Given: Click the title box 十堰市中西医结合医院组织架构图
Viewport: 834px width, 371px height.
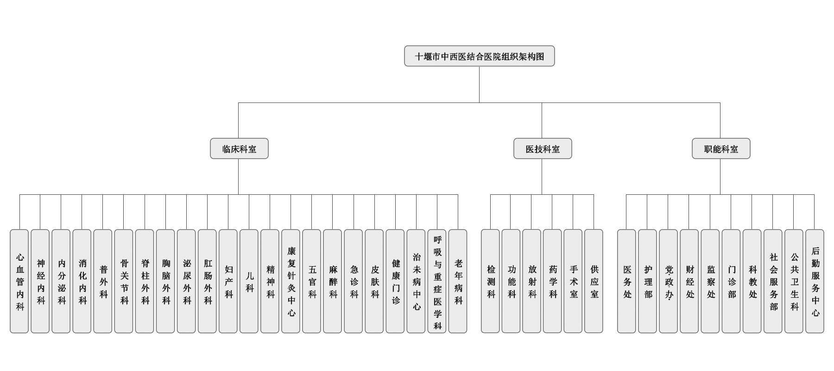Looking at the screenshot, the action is coord(479,56).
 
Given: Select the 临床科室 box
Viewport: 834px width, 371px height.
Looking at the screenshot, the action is coord(239,148).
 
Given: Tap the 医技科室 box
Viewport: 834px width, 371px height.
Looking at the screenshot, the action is coord(543,148).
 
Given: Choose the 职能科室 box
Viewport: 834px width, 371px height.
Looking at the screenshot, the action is coord(721,148).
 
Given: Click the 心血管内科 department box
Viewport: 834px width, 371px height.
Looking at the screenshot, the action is coord(19,281).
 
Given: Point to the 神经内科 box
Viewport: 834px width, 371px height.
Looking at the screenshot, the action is coord(40,281).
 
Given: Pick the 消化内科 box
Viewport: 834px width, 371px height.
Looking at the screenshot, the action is coord(82,281).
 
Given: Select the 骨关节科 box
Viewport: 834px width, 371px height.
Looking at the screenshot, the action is coord(124,281).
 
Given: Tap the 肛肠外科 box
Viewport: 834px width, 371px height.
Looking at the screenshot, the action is coord(207,281).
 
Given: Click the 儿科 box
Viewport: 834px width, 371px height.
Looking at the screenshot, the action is coord(249,281).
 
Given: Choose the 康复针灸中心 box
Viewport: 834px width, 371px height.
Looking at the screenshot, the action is coord(291,281).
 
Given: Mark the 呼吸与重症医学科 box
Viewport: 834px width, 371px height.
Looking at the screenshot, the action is coord(437,281).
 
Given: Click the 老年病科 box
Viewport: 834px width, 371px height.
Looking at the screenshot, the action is coord(458,281).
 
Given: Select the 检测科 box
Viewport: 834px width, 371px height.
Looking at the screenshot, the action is coord(490,281).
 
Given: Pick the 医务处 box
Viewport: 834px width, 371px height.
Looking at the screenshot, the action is coord(626,281).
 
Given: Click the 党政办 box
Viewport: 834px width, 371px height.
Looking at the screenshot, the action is coord(668,281).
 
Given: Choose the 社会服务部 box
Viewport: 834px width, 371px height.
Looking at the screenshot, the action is coord(773,281).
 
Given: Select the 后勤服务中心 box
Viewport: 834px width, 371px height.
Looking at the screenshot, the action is coord(815,281).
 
